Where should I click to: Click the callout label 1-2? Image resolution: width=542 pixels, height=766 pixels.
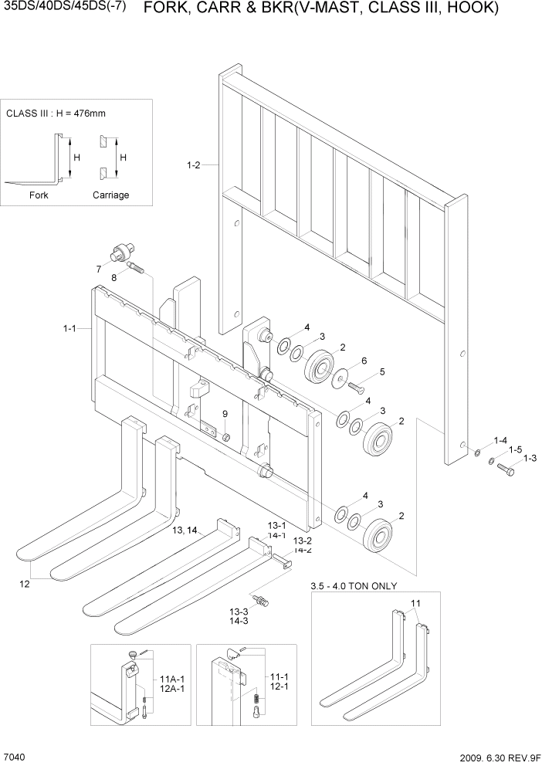click(193, 164)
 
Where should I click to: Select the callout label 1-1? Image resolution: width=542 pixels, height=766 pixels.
click(69, 329)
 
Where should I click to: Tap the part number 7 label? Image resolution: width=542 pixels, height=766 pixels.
click(99, 269)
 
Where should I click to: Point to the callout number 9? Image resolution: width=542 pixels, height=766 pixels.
click(225, 415)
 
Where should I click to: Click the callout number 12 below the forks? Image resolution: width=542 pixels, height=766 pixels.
click(25, 584)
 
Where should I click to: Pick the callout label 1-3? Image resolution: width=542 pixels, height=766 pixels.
click(530, 459)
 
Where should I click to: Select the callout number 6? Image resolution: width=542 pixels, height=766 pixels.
click(364, 361)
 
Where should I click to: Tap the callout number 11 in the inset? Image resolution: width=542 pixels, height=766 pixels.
click(415, 602)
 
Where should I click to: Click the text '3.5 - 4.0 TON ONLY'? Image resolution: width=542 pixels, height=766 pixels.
click(353, 585)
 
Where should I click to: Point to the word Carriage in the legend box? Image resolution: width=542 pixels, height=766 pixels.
click(110, 195)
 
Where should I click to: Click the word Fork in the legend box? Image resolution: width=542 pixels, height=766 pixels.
click(39, 195)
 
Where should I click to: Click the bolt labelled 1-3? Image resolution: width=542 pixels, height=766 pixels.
click(507, 468)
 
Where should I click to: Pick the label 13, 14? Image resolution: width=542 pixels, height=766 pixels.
click(185, 530)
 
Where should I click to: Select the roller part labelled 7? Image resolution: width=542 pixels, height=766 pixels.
click(122, 251)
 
